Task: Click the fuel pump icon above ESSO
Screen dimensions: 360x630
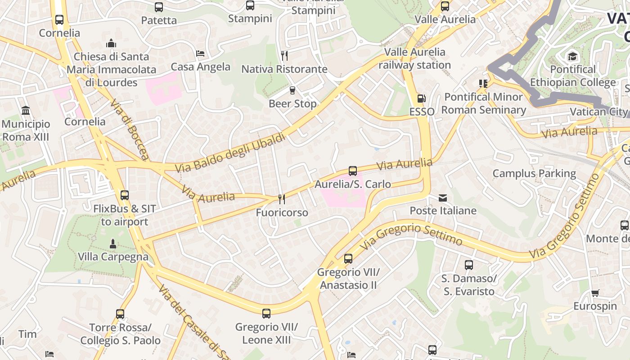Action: pos(421,98)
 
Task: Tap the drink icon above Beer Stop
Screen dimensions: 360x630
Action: pos(292,90)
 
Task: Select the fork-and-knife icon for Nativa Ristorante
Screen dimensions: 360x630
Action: pos(284,56)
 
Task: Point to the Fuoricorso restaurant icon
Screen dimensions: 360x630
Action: pos(282,199)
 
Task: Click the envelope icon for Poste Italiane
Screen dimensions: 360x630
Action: pos(443,198)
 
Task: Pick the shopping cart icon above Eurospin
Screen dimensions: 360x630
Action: pos(595,293)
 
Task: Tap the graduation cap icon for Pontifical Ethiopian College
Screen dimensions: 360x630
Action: pos(572,56)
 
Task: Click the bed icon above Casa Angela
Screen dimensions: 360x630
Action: pos(201,54)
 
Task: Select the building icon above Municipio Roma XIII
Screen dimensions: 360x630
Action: pos(26,111)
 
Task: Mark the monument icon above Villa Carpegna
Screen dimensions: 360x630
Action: pos(113,243)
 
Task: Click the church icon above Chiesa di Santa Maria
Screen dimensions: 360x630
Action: pos(111,43)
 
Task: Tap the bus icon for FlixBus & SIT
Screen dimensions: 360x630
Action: pos(125,195)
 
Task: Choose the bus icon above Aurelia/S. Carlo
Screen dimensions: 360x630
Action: pos(353,171)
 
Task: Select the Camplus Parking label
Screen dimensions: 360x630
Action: pos(534,173)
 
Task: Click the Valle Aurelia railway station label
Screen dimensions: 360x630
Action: pos(414,58)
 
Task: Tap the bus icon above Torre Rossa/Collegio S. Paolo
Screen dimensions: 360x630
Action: pos(120,314)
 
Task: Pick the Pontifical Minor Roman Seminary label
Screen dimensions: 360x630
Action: pos(484,103)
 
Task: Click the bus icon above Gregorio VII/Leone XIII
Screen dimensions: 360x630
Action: pos(266,313)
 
